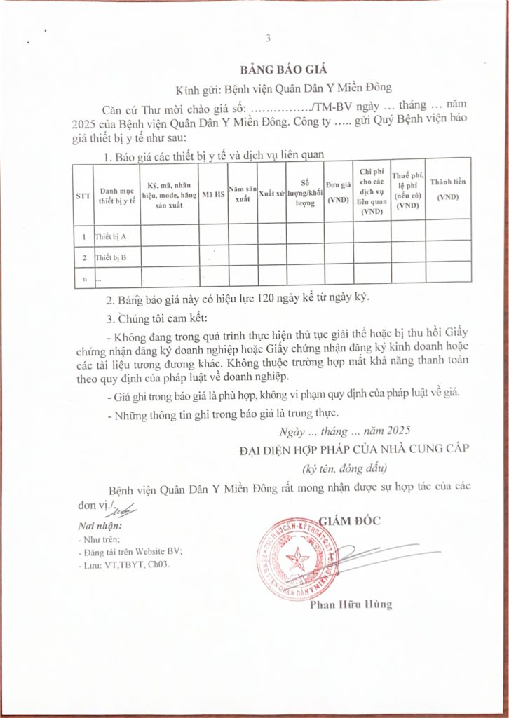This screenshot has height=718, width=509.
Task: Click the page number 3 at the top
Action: (x=268, y=38)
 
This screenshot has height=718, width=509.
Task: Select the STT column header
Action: (x=82, y=195)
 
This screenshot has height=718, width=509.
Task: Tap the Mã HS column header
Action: (x=213, y=195)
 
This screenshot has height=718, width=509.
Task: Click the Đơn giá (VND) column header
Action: (x=338, y=191)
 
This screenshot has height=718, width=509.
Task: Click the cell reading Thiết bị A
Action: (x=111, y=237)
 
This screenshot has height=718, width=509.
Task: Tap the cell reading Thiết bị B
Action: (x=111, y=258)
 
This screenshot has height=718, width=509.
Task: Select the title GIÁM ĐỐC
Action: (x=347, y=520)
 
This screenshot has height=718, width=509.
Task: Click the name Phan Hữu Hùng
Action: (x=351, y=604)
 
